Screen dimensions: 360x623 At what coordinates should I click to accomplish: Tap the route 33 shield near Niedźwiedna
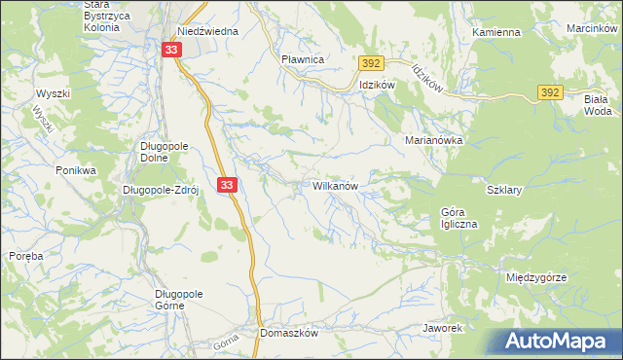(171, 50)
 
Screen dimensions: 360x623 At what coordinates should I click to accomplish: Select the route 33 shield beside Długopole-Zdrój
(226, 184)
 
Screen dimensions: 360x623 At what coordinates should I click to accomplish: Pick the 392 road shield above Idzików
(369, 63)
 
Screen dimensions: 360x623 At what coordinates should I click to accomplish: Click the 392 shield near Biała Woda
(548, 92)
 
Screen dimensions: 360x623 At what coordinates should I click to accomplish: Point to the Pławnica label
(302, 59)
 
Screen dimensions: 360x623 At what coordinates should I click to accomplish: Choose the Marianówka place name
(433, 140)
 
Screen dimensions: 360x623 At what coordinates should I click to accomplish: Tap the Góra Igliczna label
(459, 218)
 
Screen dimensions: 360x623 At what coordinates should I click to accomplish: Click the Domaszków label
(290, 332)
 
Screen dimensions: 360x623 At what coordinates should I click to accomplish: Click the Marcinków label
(592, 28)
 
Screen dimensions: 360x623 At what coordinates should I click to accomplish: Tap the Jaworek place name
(441, 328)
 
